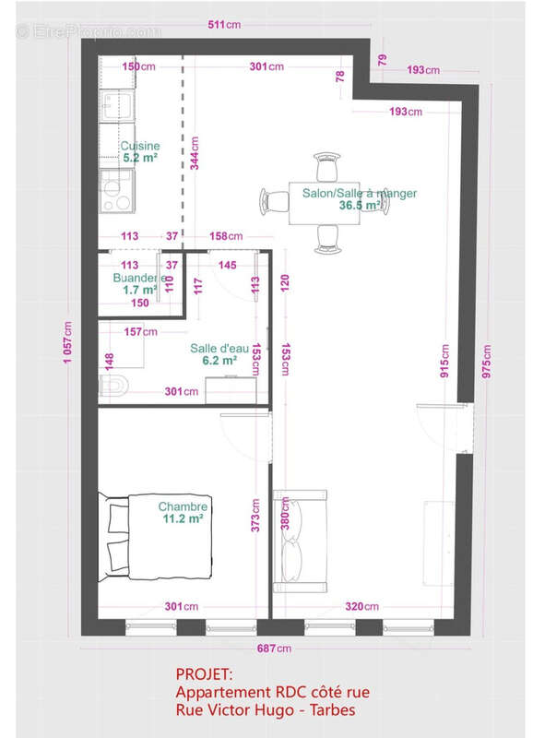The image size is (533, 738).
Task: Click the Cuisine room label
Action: coord(140,146)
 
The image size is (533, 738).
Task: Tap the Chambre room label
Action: coord(184,506)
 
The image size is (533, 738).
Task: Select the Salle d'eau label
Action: coord(219,348)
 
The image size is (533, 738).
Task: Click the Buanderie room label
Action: coord(139,278)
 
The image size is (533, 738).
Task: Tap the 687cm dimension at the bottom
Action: coord(274,649)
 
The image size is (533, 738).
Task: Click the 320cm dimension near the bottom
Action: coord(361,606)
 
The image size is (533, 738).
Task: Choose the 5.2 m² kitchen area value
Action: coord(140,158)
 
